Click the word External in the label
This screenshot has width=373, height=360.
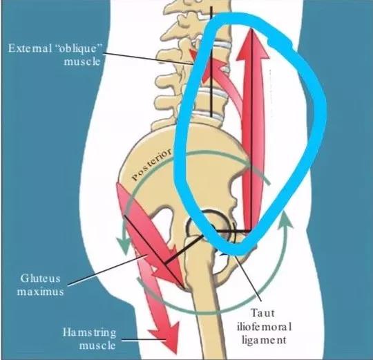tap(30, 48)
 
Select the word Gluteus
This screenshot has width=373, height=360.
tap(40, 278)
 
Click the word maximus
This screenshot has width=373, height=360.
tap(40, 292)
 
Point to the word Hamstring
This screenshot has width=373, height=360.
tap(89, 333)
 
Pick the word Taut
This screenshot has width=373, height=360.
tap(262, 313)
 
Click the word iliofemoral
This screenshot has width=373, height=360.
tap(264, 327)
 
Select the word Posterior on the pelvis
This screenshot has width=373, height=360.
tap(151, 164)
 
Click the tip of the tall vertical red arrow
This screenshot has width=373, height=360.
tap(252, 28)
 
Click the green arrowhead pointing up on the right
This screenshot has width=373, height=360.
tap(285, 219)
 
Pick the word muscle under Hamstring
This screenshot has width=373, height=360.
tap(97, 345)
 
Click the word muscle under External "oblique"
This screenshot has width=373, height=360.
tap(82, 61)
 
